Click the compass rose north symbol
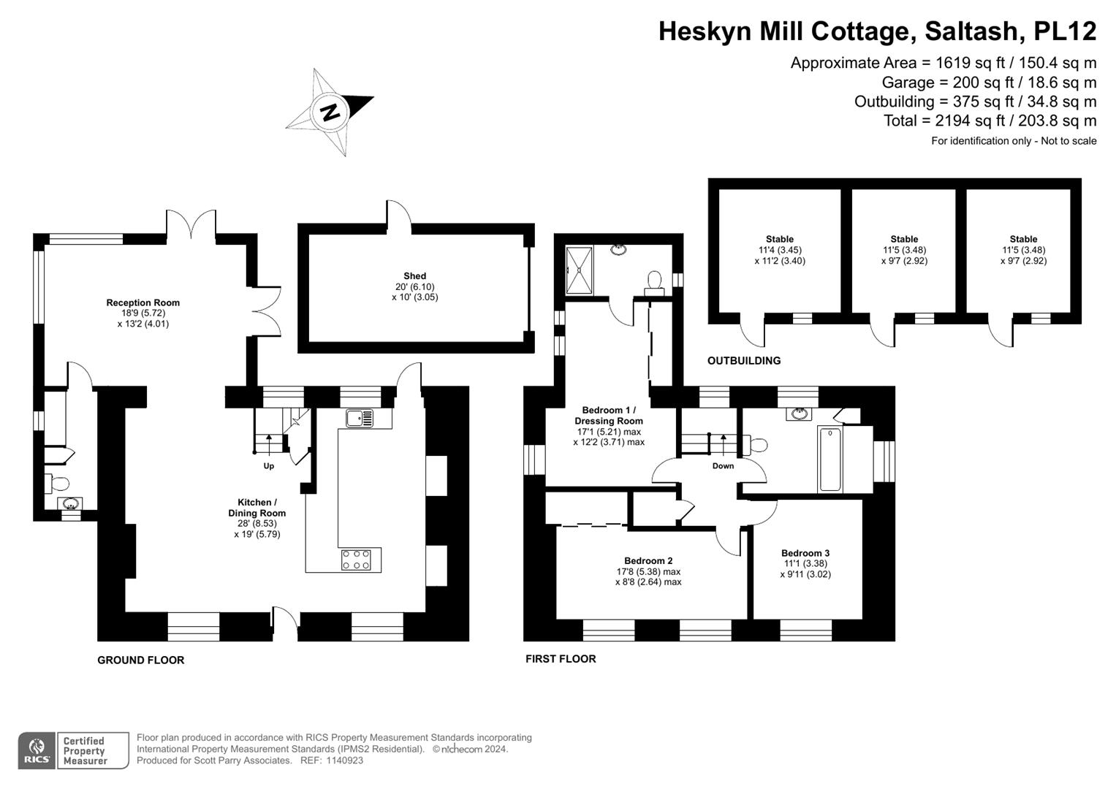(x=330, y=113)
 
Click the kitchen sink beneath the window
(x=359, y=419)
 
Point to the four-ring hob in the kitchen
(x=356, y=560)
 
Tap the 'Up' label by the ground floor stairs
(x=269, y=466)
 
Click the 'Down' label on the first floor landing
(x=723, y=466)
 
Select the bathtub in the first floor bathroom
(x=830, y=460)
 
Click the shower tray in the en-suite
(x=580, y=269)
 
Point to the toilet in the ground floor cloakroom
(x=57, y=483)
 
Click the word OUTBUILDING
(x=744, y=361)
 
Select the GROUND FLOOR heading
(x=141, y=660)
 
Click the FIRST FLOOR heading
(x=561, y=659)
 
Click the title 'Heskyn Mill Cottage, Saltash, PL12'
(x=877, y=31)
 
